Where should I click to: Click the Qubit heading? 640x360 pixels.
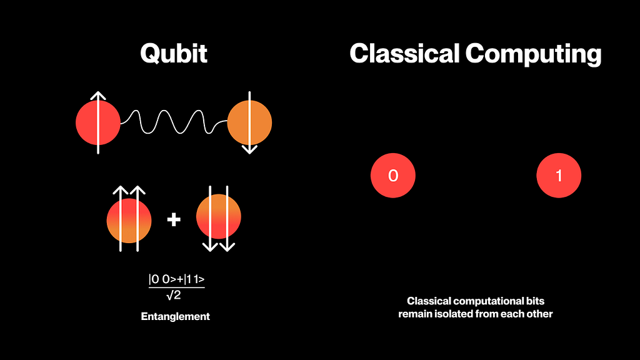(174, 54)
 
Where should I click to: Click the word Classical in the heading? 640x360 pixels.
(404, 54)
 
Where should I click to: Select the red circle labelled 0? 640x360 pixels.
(393, 176)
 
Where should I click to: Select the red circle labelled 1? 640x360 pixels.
(559, 176)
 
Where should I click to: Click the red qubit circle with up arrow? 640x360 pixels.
(98, 123)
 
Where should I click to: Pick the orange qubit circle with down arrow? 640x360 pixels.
(249, 123)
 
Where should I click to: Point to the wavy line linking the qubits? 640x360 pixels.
(174, 122)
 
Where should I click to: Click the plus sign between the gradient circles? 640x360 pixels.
(174, 219)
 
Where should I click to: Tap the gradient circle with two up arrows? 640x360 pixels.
(129, 221)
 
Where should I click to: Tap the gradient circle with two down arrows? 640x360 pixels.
(218, 217)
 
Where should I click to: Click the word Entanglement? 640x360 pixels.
(176, 316)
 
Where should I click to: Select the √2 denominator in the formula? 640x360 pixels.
(174, 295)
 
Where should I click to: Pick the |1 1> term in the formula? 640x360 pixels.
(194, 279)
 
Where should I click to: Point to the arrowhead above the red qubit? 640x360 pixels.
(98, 96)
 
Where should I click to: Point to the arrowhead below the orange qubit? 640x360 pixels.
(249, 149)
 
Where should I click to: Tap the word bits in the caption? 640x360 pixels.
(535, 301)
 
